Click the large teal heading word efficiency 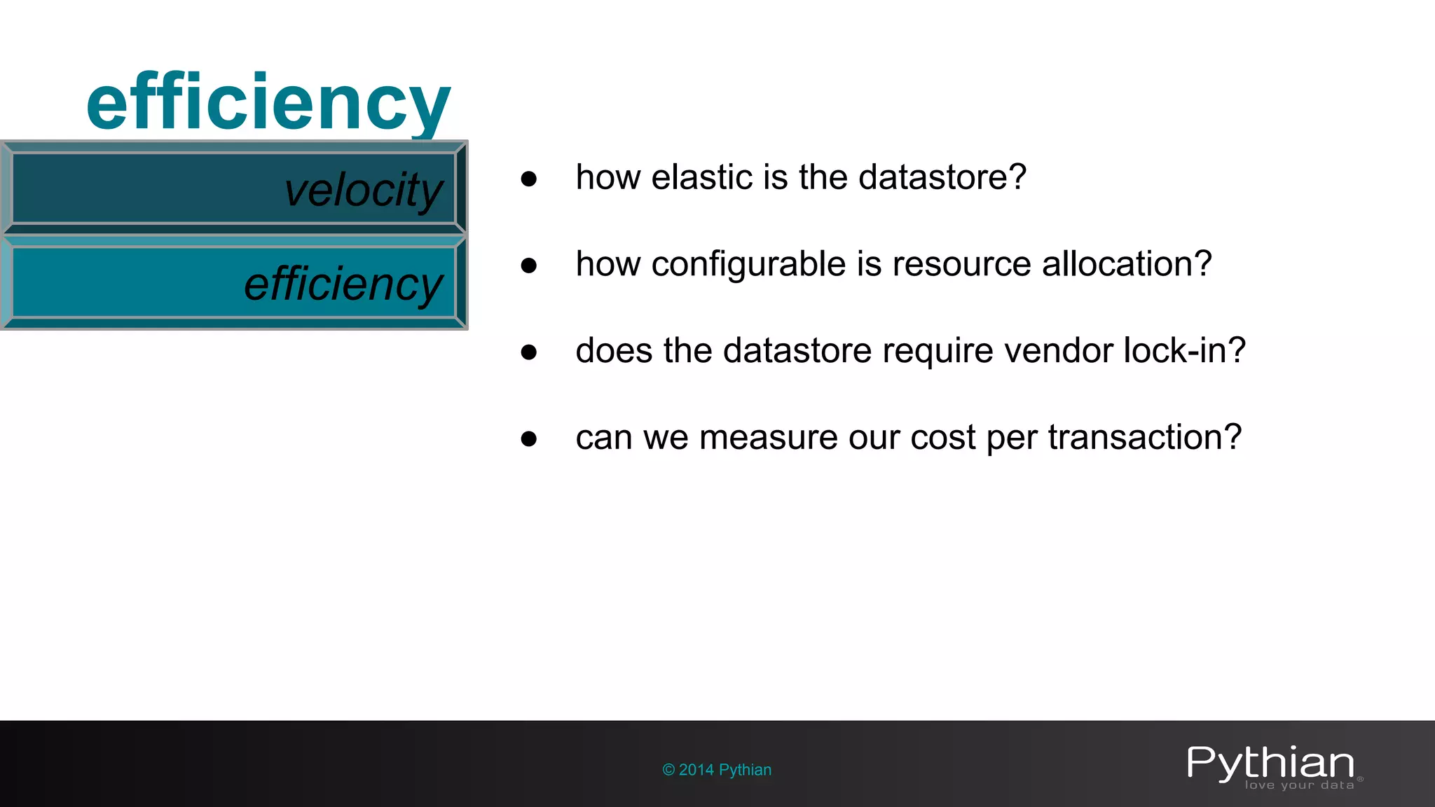pos(268,104)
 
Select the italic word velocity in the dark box pos(364,190)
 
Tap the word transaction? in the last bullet pos(1145,437)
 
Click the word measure pos(769,437)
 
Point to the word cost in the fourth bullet pos(942,437)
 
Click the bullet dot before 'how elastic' pos(529,179)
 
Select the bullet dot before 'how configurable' pos(529,265)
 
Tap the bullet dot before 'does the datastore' pos(529,352)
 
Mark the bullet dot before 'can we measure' pos(529,439)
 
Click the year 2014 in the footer pos(696,770)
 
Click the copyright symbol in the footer pos(668,770)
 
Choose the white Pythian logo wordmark pos(1270,763)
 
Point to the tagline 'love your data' pos(1299,785)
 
